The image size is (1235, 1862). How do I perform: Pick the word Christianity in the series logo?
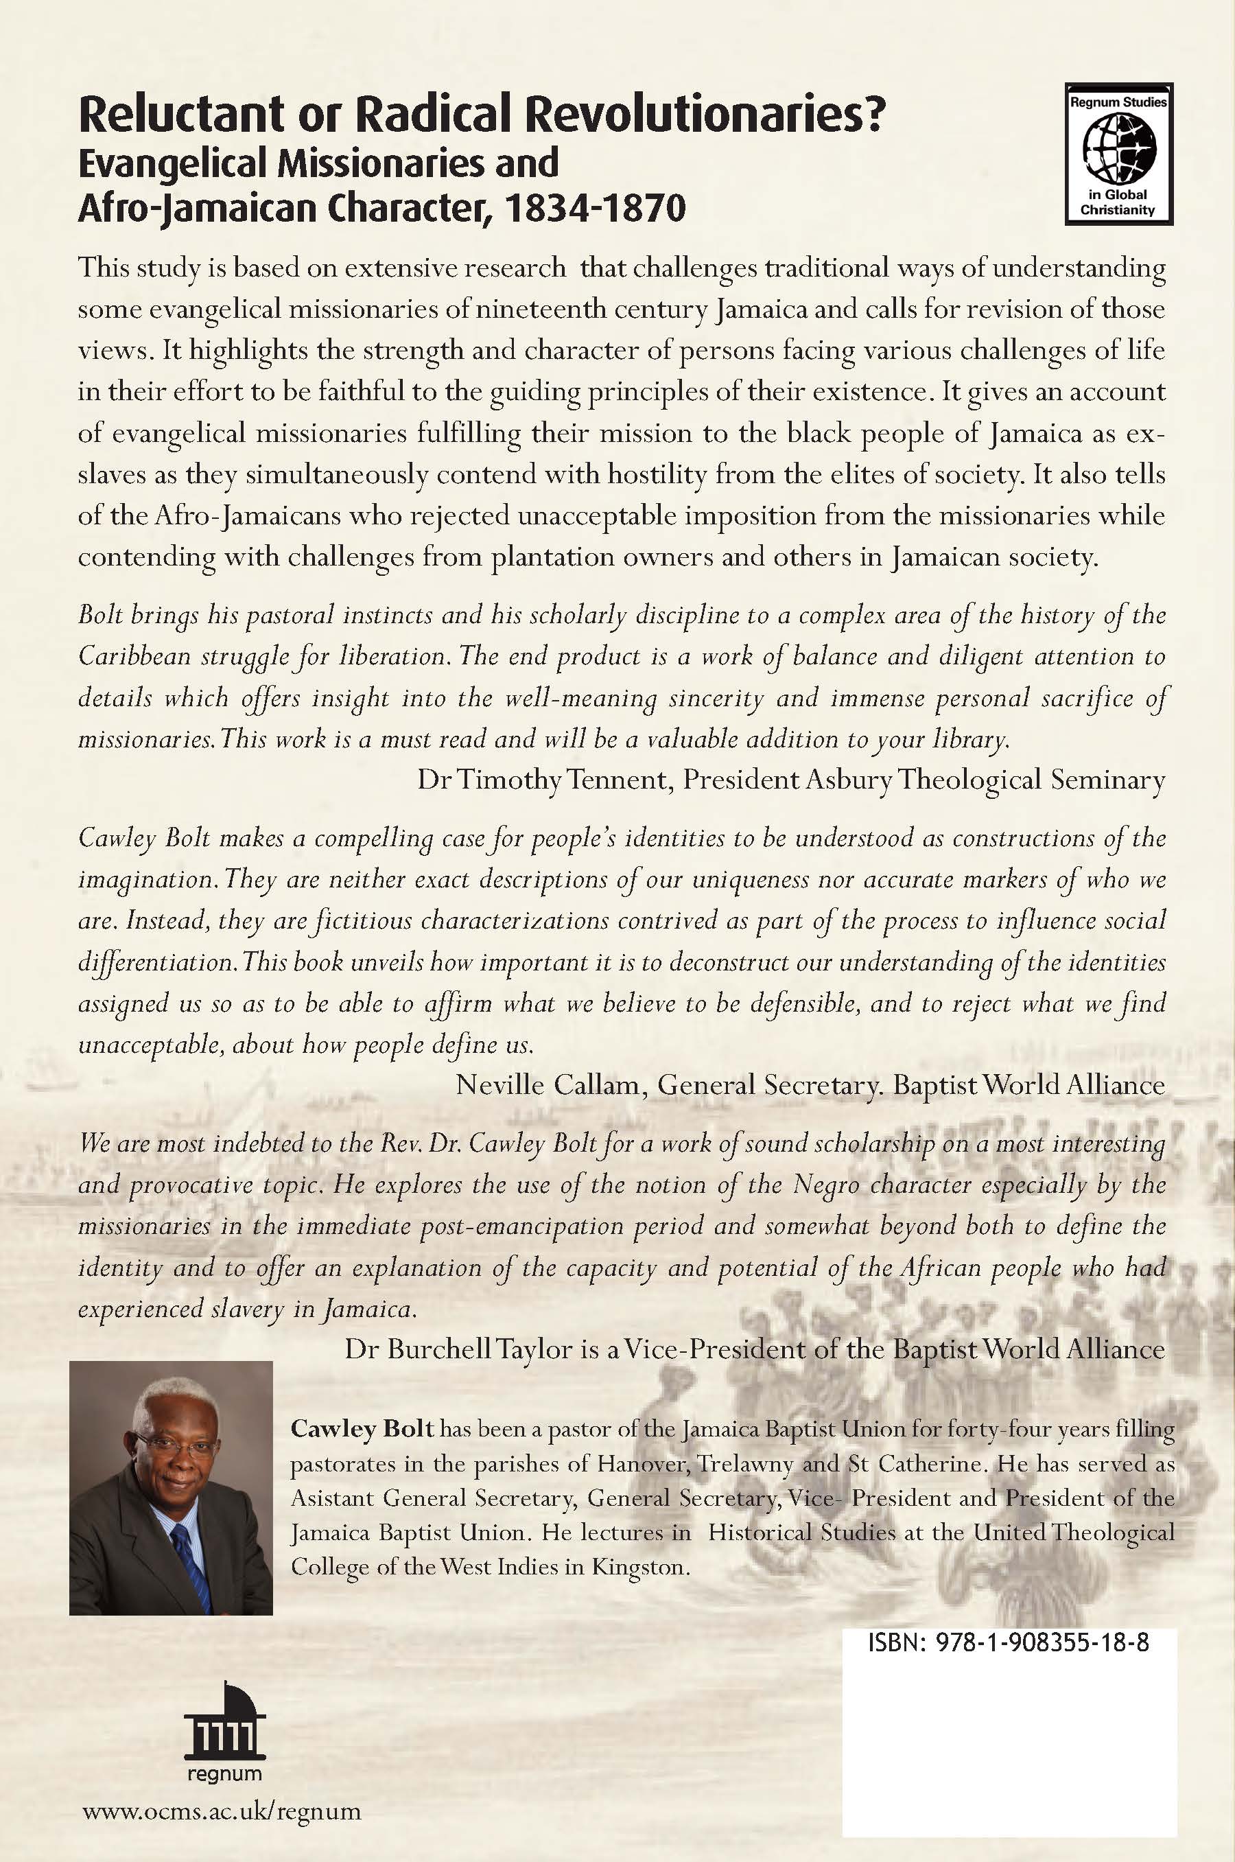[x=1118, y=209]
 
